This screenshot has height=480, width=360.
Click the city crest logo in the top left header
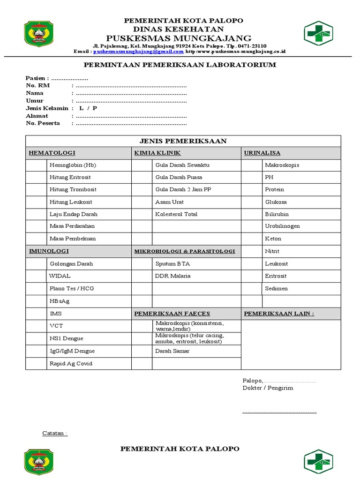(39, 36)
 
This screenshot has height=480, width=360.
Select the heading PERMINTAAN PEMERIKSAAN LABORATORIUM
(180, 65)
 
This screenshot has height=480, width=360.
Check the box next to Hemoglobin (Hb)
(36, 165)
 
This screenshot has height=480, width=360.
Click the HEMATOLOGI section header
(52, 153)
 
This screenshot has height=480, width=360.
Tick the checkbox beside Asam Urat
(142, 202)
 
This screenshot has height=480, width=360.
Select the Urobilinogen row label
(282, 226)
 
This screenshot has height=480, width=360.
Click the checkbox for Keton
(252, 239)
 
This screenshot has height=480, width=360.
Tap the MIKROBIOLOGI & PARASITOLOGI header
(185, 251)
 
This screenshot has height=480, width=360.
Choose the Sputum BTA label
(172, 263)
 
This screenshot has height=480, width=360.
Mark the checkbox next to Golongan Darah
(36, 263)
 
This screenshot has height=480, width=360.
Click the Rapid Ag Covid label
(71, 363)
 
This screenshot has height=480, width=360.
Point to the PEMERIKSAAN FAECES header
(172, 313)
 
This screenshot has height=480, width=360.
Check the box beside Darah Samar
(142, 351)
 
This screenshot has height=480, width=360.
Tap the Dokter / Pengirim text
(268, 388)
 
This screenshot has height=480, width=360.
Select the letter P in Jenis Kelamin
(95, 108)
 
